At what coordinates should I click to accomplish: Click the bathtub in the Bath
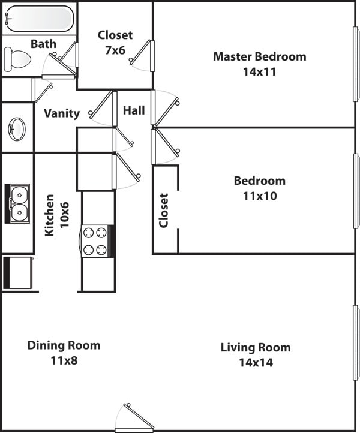click(x=39, y=18)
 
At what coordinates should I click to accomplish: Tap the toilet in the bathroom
click(x=18, y=59)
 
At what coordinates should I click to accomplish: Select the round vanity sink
click(x=17, y=128)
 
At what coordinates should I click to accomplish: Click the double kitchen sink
click(x=19, y=203)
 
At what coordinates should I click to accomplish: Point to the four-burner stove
click(x=96, y=241)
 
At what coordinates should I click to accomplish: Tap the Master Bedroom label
click(x=260, y=57)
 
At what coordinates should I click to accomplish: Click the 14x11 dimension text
click(x=260, y=72)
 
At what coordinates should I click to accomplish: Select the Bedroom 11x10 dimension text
click(x=259, y=196)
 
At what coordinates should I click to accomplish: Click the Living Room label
click(x=256, y=347)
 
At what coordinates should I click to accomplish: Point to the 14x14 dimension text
click(x=256, y=362)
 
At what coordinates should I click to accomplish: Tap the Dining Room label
click(x=64, y=345)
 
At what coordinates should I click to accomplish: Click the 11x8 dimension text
click(x=64, y=360)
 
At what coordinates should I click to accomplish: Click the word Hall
click(x=134, y=110)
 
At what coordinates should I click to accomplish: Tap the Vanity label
click(x=62, y=113)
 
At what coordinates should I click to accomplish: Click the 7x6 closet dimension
click(x=115, y=50)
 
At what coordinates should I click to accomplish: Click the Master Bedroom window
click(x=355, y=65)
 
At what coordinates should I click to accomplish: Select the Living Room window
click(x=355, y=342)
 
